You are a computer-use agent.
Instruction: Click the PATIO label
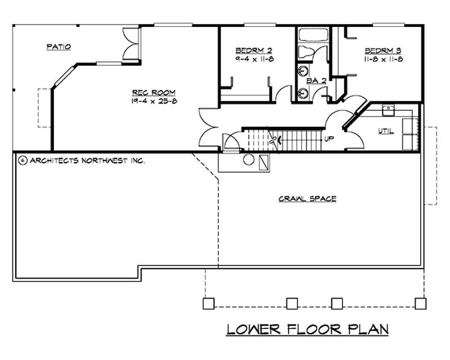(58, 47)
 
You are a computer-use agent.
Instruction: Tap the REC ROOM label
(154, 92)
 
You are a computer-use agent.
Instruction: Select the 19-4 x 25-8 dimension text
(154, 101)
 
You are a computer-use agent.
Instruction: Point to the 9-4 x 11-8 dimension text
(254, 59)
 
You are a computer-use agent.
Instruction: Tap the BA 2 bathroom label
(316, 81)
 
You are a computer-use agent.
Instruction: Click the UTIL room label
(386, 132)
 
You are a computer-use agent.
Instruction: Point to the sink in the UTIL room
(388, 109)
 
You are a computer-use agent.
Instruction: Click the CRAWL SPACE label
(307, 199)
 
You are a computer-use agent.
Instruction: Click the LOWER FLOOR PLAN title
(308, 329)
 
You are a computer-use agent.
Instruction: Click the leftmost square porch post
(208, 304)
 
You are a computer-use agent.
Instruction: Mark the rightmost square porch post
(420, 304)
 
